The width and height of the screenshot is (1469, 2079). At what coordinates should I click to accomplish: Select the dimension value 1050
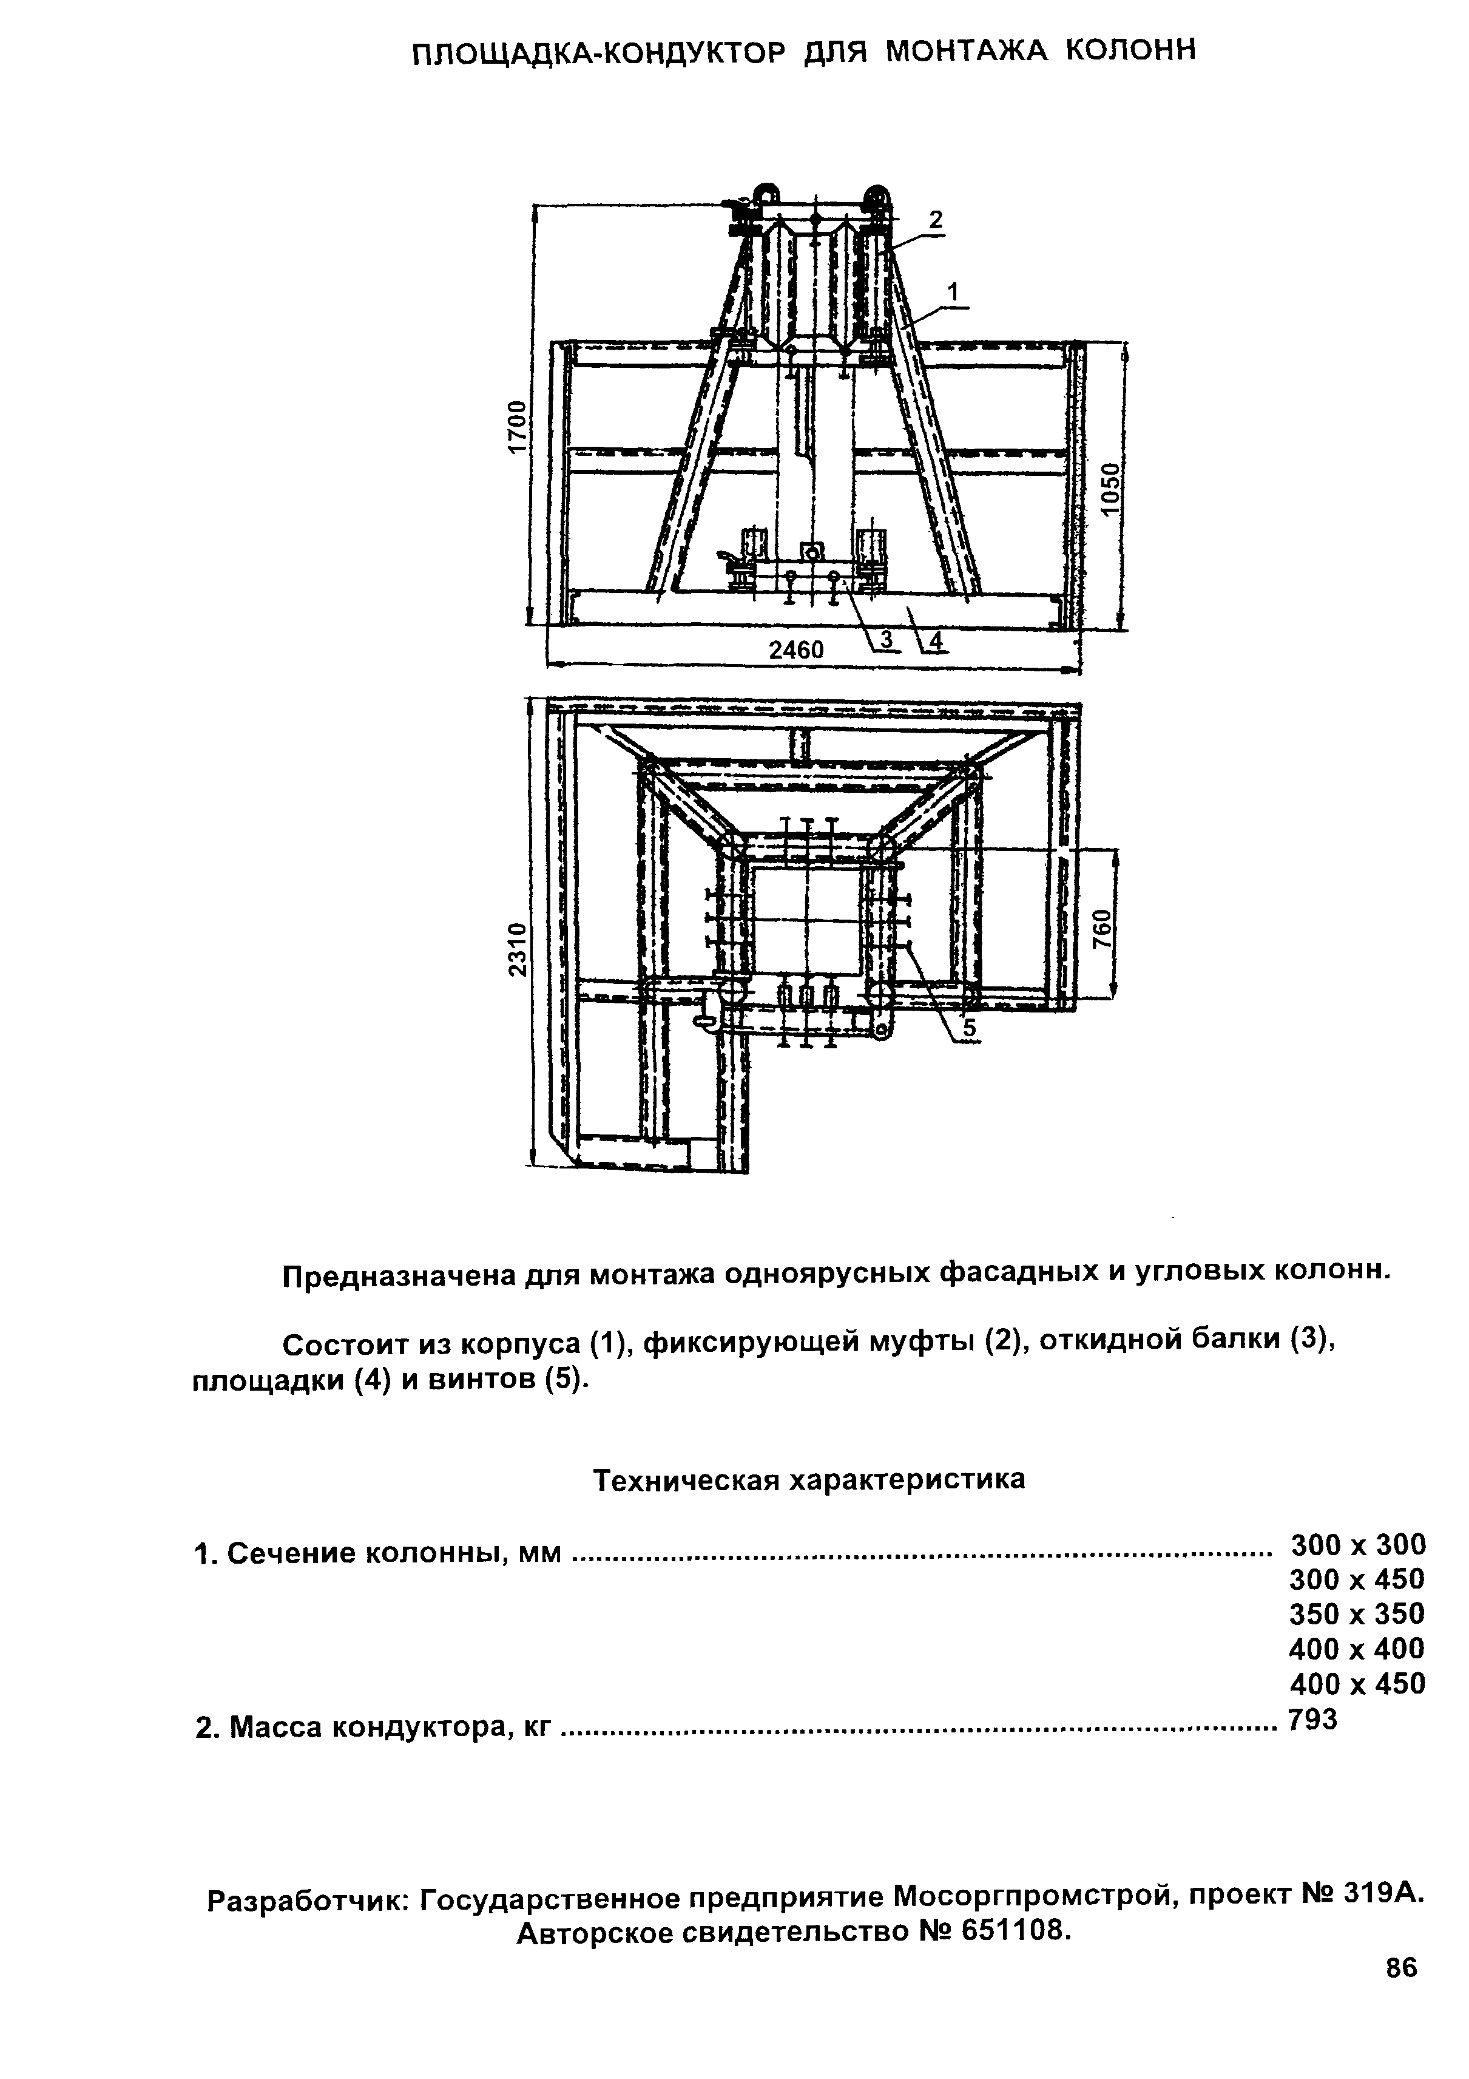tap(1110, 489)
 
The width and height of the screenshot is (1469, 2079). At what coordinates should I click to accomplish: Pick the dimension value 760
tap(1101, 928)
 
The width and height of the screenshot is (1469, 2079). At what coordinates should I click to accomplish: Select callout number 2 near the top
tap(936, 220)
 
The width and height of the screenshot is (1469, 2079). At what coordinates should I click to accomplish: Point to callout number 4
tap(936, 640)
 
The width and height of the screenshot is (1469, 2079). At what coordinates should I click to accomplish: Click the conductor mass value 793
tap(1312, 1718)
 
